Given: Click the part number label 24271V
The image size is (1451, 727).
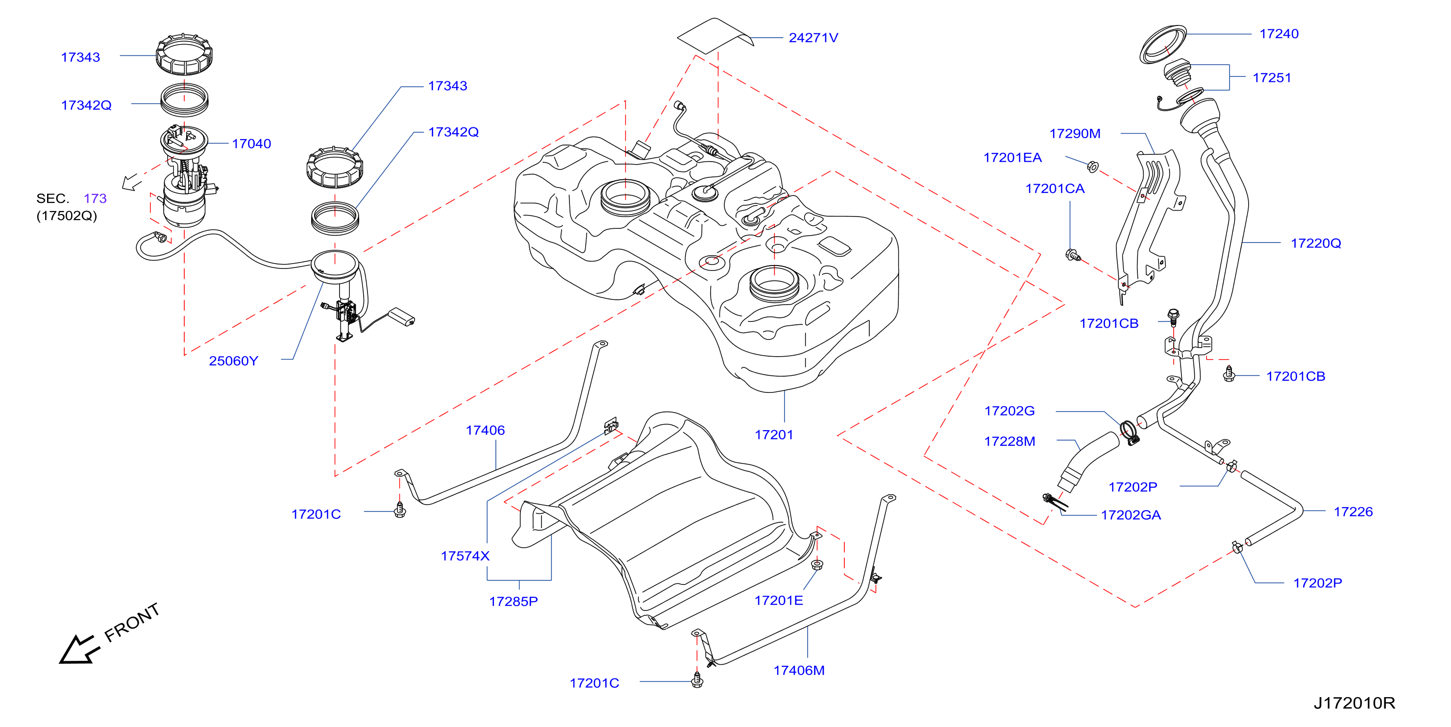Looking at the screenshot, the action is [813, 38].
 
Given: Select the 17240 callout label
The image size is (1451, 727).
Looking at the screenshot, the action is [1279, 34].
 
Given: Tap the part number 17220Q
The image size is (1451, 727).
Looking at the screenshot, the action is [1316, 243].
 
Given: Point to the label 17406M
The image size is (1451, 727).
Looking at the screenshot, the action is [799, 670].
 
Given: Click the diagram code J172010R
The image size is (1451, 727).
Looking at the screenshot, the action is [1354, 703].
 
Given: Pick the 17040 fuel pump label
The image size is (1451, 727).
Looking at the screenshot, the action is [251, 144].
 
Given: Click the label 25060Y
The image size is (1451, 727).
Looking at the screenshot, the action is [233, 361].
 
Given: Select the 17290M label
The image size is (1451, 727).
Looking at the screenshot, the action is [1075, 133].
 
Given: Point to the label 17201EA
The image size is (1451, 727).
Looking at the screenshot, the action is [1012, 158].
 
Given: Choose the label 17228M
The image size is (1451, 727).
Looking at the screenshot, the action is [1009, 441].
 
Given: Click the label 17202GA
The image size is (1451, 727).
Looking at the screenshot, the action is [1131, 515].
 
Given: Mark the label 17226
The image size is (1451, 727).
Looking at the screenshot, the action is [1353, 512].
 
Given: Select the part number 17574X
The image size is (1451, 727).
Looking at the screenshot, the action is [465, 556].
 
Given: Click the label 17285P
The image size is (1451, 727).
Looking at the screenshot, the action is [513, 602].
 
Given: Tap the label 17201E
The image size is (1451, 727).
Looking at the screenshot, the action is [779, 600].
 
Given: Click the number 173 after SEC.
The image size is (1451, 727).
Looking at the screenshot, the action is [95, 198].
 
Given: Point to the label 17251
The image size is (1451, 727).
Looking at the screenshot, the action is [1272, 78].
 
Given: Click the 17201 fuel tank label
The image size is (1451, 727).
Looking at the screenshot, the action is [774, 435].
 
